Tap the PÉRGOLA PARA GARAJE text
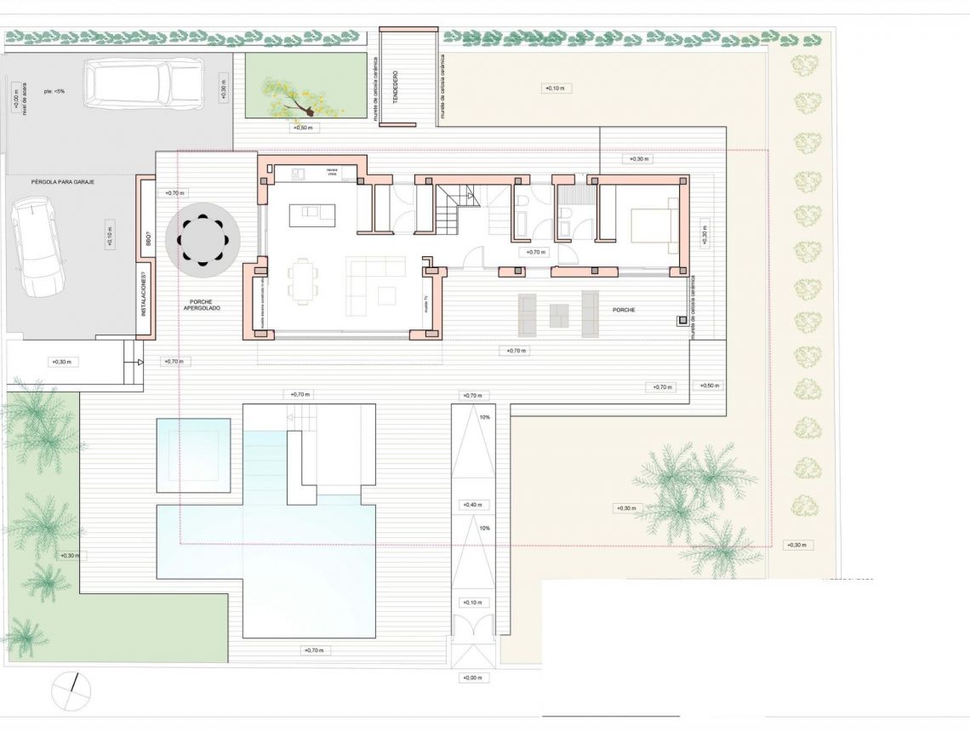[62, 182]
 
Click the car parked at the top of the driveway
[144, 83]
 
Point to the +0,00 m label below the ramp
[472, 678]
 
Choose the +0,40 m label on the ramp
[472, 505]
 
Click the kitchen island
[311, 215]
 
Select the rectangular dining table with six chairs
[303, 282]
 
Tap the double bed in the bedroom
[653, 226]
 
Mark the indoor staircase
[457, 209]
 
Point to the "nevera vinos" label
[333, 174]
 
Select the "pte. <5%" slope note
[54, 91]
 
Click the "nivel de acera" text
[26, 101]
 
